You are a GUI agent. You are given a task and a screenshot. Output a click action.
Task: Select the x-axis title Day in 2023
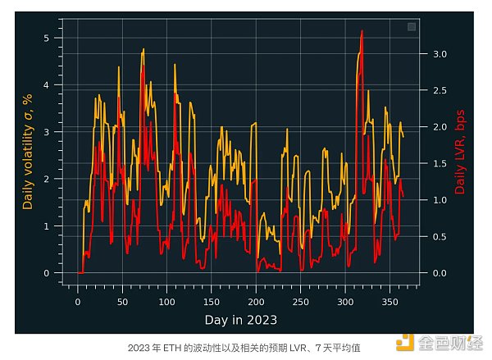(240, 319)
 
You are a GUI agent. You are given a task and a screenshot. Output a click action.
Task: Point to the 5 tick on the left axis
(47, 38)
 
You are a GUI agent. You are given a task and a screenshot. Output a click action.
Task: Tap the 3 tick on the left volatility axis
(47, 132)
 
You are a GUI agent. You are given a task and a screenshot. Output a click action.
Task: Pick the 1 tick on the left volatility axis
(47, 226)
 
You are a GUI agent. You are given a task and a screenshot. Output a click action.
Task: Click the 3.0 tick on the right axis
(440, 54)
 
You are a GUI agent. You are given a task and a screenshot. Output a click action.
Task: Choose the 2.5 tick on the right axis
(440, 90)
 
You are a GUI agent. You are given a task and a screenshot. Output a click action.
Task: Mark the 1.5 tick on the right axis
(440, 163)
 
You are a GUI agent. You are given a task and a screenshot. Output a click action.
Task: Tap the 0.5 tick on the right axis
(440, 236)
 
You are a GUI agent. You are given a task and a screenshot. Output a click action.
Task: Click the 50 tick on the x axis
(122, 300)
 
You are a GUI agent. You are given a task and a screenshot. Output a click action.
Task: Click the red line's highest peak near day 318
(362, 31)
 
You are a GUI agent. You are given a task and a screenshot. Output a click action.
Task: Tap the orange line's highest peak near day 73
(143, 49)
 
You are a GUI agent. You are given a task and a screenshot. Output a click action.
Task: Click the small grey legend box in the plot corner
(412, 27)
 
